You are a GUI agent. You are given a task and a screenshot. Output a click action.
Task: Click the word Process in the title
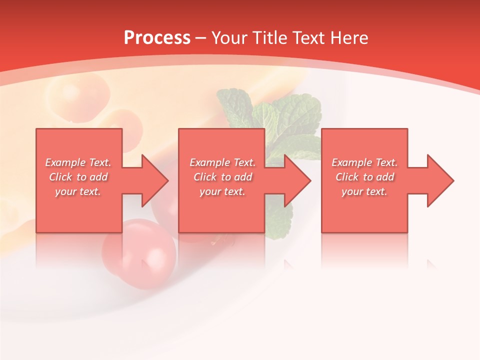(x=157, y=38)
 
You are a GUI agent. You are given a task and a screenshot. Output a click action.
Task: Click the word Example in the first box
(x=65, y=162)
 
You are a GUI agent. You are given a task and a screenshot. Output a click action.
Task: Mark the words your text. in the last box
(x=364, y=191)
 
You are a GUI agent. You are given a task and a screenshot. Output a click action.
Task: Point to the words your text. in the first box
(x=78, y=191)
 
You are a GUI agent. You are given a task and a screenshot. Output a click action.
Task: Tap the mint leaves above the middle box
(x=270, y=112)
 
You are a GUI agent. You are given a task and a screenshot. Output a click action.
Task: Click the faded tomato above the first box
(x=77, y=92)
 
